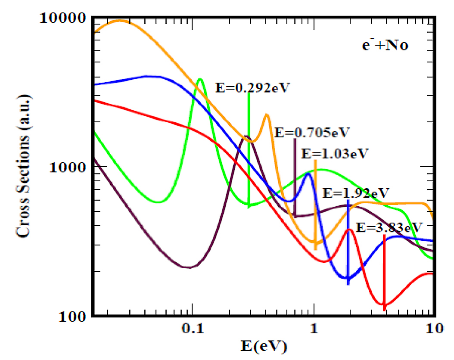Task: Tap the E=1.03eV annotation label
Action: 335,154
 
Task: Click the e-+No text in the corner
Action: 385,45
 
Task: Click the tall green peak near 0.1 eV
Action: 199,80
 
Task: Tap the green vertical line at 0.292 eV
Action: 249,151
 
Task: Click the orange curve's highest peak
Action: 119,21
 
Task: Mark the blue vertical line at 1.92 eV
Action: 348,241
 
